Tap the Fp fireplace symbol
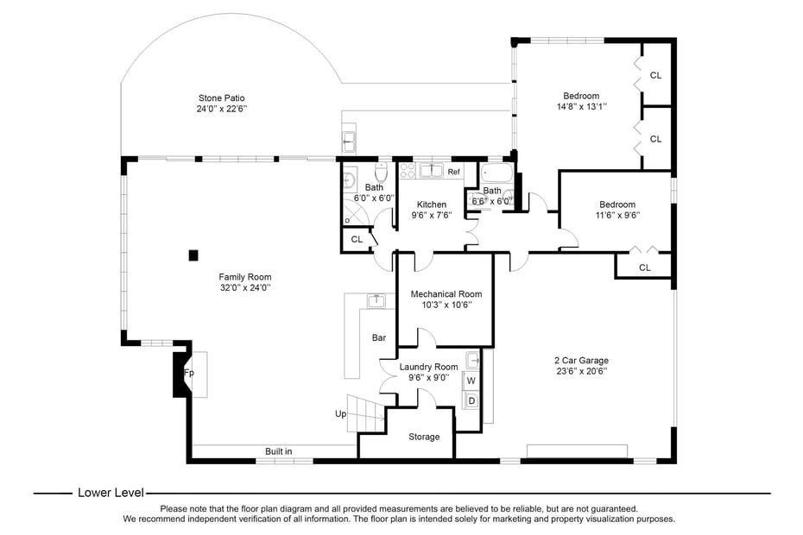pos(188,374)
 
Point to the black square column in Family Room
pos(193,255)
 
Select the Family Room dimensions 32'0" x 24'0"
pos(244,288)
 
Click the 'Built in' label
pos(278,451)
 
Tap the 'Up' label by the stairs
pos(341,414)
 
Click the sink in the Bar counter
pos(376,300)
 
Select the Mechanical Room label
pos(446,294)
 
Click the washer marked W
pos(471,381)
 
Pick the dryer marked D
pos(471,400)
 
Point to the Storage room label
pos(423,437)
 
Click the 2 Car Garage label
pos(580,360)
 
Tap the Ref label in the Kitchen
pos(453,172)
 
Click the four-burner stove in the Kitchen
pos(407,171)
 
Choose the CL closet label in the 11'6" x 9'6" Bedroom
pos(644,267)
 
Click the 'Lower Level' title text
pos(111,493)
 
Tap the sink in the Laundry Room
pos(472,360)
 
